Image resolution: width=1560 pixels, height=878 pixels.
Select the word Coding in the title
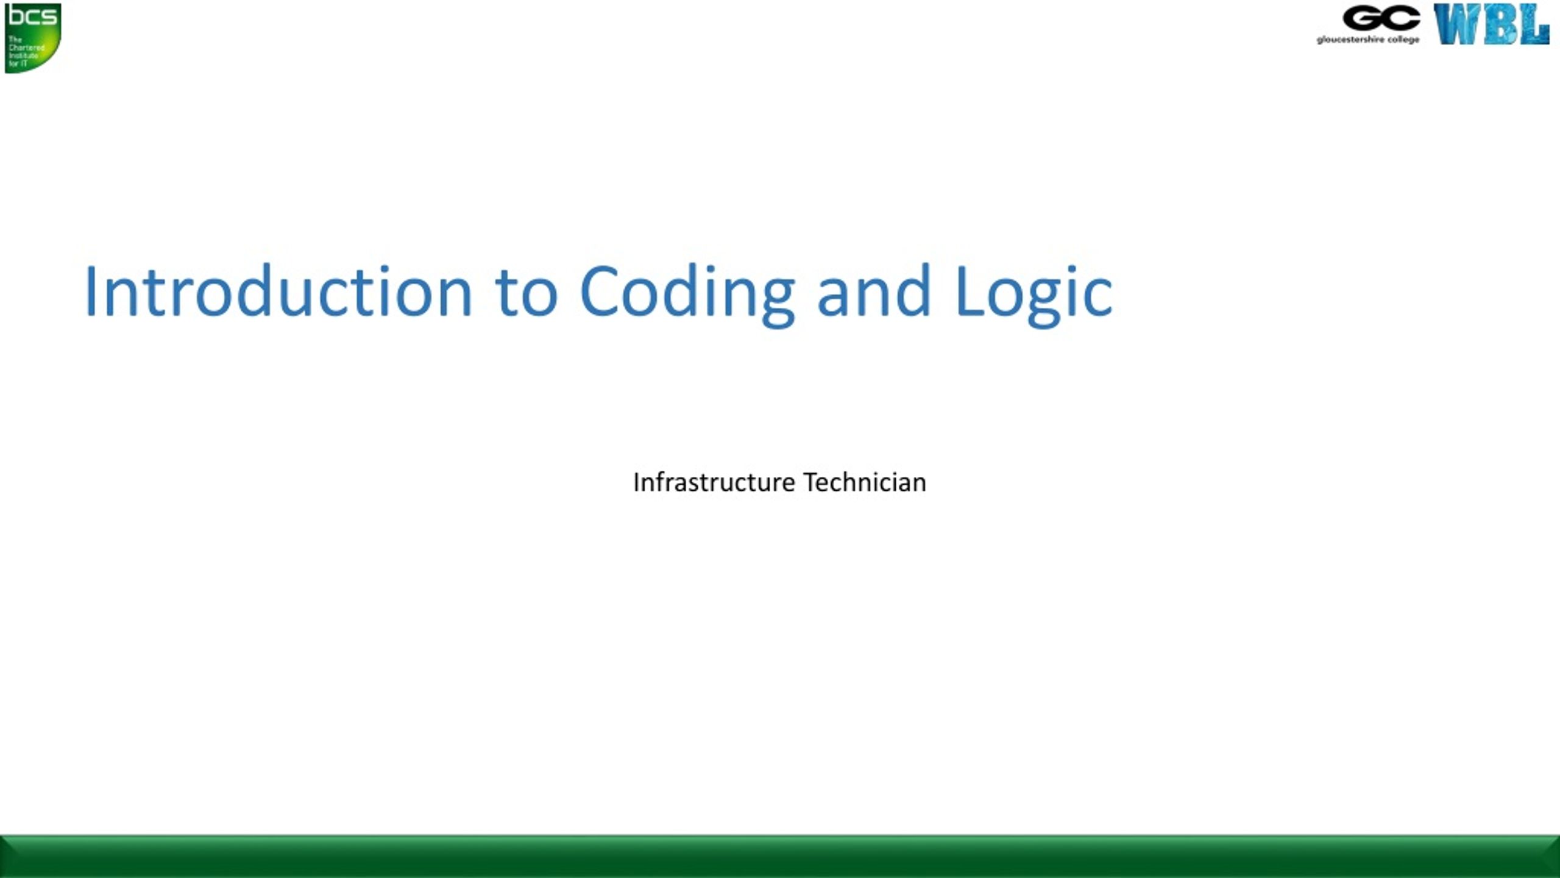click(x=687, y=293)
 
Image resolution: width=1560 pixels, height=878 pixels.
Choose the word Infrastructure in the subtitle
click(x=714, y=482)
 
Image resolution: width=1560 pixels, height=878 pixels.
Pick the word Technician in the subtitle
click(x=865, y=482)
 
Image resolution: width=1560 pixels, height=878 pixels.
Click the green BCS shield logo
click(x=33, y=38)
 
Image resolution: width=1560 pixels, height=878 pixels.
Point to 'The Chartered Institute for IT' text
click(x=26, y=51)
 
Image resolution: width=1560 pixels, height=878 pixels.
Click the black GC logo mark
click(x=1381, y=18)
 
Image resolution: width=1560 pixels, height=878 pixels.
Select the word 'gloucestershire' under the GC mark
click(x=1350, y=40)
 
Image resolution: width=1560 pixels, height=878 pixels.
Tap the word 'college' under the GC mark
click(x=1403, y=40)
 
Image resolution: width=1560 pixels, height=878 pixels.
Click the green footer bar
click(x=780, y=857)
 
